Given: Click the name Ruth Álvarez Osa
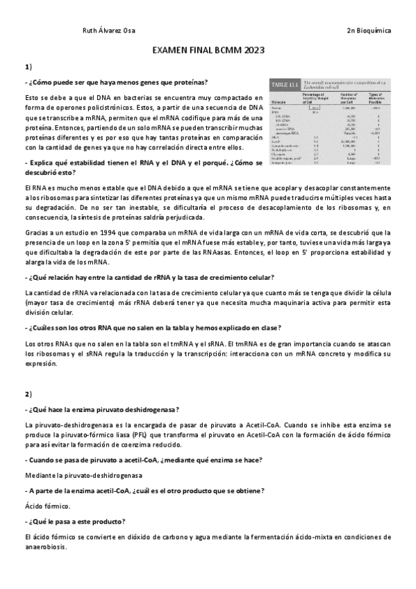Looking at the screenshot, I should tap(109, 31).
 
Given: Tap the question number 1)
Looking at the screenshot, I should tap(28, 67).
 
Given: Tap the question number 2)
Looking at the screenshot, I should tap(28, 394).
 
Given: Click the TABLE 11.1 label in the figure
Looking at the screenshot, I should tap(285, 84).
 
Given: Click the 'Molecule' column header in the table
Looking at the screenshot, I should tap(281, 100).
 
